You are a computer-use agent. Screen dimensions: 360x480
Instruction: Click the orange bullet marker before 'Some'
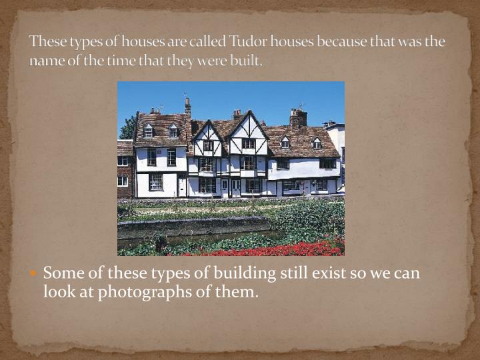pyautogui.click(x=35, y=274)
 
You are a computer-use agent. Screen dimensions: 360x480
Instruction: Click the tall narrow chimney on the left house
pyautogui.click(x=188, y=107)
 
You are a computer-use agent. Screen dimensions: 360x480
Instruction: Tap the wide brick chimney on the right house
pyautogui.click(x=298, y=118)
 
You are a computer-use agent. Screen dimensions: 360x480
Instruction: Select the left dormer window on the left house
pyautogui.click(x=148, y=132)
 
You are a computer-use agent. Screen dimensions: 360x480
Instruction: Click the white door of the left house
pyautogui.click(x=182, y=186)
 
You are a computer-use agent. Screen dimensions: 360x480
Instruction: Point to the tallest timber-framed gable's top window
pyautogui.click(x=248, y=143)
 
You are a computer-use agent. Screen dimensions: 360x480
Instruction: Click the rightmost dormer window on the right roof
pyautogui.click(x=317, y=143)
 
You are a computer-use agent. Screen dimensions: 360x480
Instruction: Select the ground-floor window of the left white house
pyautogui.click(x=156, y=181)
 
